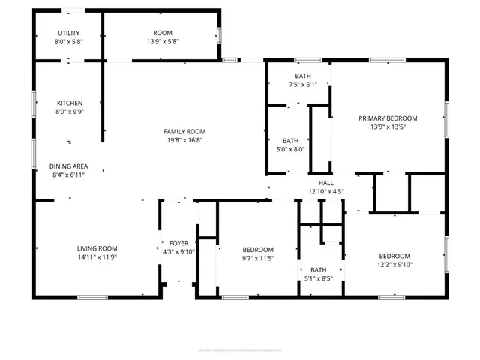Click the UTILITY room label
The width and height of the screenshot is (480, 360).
click(69, 33)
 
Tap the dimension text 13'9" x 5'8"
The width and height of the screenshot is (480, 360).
click(163, 42)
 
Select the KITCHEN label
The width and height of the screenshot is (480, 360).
click(70, 103)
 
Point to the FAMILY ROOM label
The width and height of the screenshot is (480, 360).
click(184, 131)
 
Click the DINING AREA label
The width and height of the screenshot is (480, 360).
click(69, 166)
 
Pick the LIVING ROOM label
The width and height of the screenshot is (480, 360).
click(97, 248)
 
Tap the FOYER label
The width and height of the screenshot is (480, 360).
click(178, 243)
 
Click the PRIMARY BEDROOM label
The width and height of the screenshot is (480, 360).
click(388, 118)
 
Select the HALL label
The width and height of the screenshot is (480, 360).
click(325, 182)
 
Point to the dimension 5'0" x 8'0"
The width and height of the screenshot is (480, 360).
click(291, 149)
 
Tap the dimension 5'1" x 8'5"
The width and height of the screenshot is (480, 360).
click(319, 279)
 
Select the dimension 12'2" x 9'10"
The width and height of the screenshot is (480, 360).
click(394, 264)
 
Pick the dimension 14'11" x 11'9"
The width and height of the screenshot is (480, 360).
click(97, 257)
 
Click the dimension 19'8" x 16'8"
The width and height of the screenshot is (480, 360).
click(184, 140)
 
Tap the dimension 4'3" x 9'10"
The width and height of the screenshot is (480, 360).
click(178, 252)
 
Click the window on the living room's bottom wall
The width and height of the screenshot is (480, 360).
click(92, 298)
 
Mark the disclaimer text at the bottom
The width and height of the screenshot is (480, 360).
click(240, 349)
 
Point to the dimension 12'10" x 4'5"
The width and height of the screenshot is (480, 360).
click(325, 191)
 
